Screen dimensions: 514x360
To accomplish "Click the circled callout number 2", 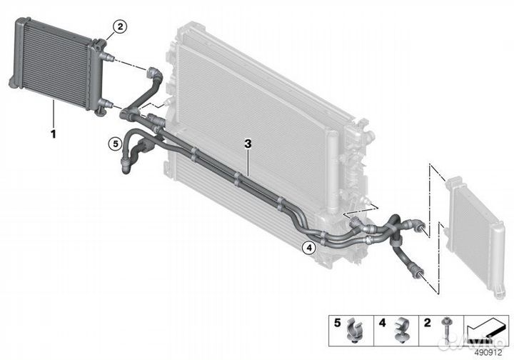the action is point(120,27).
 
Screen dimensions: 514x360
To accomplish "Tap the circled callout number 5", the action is point(116,144).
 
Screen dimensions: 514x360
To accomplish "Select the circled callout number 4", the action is point(309,248).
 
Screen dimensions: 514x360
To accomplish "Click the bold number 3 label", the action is point(248,144).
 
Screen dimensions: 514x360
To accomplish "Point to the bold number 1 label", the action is point(53,134).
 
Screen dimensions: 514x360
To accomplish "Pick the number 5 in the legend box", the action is point(337,323).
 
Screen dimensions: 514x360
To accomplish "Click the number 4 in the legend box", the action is point(382,323).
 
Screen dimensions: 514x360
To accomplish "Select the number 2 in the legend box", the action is point(427,323).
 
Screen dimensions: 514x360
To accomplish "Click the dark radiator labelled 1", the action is point(59,65).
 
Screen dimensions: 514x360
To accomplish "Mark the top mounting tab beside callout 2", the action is point(100,43).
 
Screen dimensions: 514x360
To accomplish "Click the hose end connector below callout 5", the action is point(126,166).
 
